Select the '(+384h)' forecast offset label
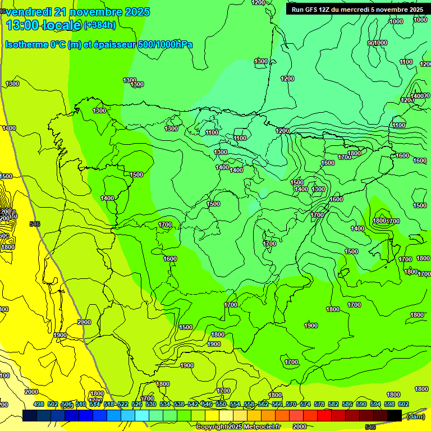point(100,25)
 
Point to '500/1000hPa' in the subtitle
point(163,44)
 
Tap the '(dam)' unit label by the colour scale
point(415,416)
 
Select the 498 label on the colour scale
point(38,405)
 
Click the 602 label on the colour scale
point(403,405)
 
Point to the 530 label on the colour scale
point(150,405)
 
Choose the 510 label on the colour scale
point(80,405)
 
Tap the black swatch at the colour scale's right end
point(395,415)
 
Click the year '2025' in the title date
point(134,12)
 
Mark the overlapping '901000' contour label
point(377,43)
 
